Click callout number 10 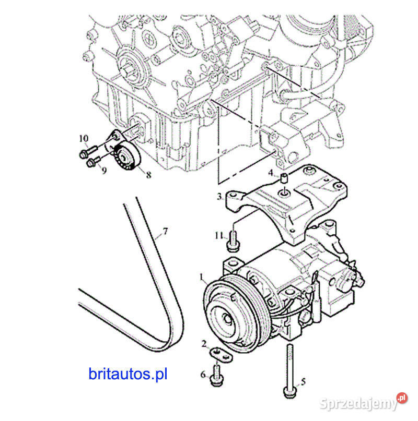pos(84,139)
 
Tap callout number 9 pos(104,170)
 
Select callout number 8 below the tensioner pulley pos(148,175)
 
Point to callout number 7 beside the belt pos(165,231)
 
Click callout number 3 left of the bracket pos(219,197)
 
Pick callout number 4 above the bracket pos(271,173)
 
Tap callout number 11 pos(219,236)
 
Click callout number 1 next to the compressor pos(201,277)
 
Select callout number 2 pos(204,344)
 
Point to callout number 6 pos(203,374)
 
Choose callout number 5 pos(303,381)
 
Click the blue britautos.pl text pos(128,374)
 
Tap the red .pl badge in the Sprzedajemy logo pos(402,398)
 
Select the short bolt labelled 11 pos(233,241)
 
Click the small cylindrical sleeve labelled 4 pos(284,178)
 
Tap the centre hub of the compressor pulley pos(227,319)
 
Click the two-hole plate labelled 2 pos(221,354)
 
